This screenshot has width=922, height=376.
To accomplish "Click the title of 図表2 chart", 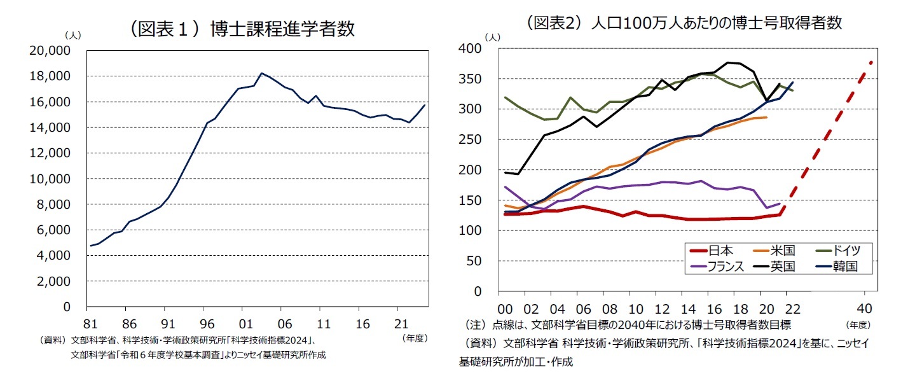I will (x=684, y=23).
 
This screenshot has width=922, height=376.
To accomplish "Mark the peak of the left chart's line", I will (x=261, y=73).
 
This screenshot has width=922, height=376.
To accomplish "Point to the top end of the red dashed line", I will (x=871, y=62).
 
